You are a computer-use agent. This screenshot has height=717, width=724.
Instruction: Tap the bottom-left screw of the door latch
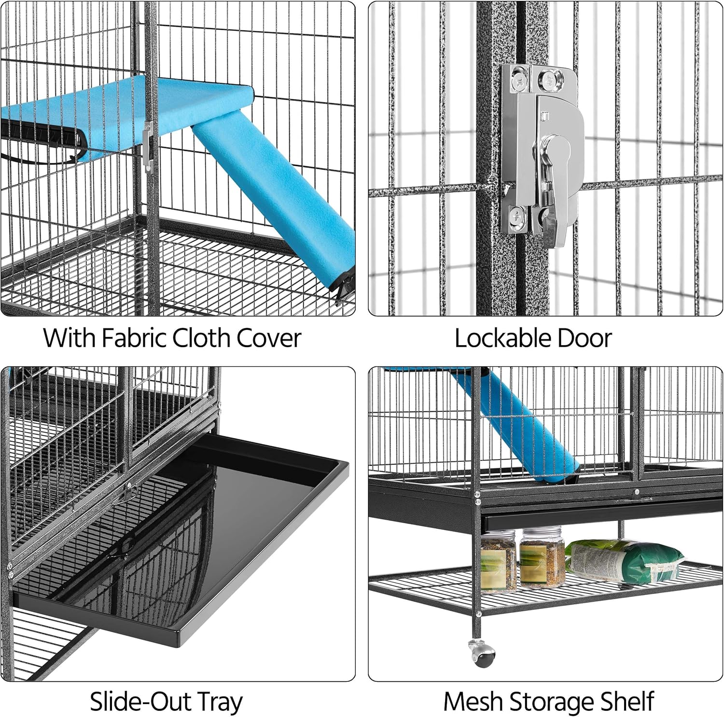click(517, 217)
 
